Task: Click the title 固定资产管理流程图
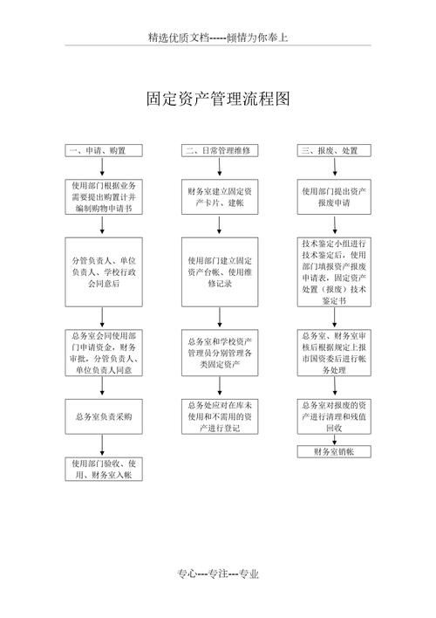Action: tap(217, 100)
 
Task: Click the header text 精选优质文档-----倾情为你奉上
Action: tap(217, 38)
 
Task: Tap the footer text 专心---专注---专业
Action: tap(217, 574)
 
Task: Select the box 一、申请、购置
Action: tap(103, 151)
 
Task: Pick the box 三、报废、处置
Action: tap(334, 151)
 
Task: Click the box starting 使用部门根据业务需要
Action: tap(103, 197)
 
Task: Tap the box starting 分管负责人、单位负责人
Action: tap(103, 271)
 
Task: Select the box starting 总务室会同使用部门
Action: tap(103, 353)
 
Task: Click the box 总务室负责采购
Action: tap(103, 416)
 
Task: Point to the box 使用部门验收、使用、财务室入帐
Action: tap(103, 469)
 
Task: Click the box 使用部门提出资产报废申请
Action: tap(334, 197)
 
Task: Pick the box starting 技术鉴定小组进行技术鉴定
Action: tap(334, 271)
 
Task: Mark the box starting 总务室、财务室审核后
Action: tap(334, 353)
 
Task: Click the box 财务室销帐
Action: tap(334, 451)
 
